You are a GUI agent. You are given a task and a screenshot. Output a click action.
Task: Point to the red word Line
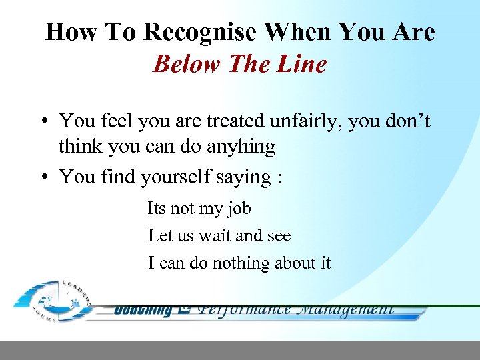pos(303,64)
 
